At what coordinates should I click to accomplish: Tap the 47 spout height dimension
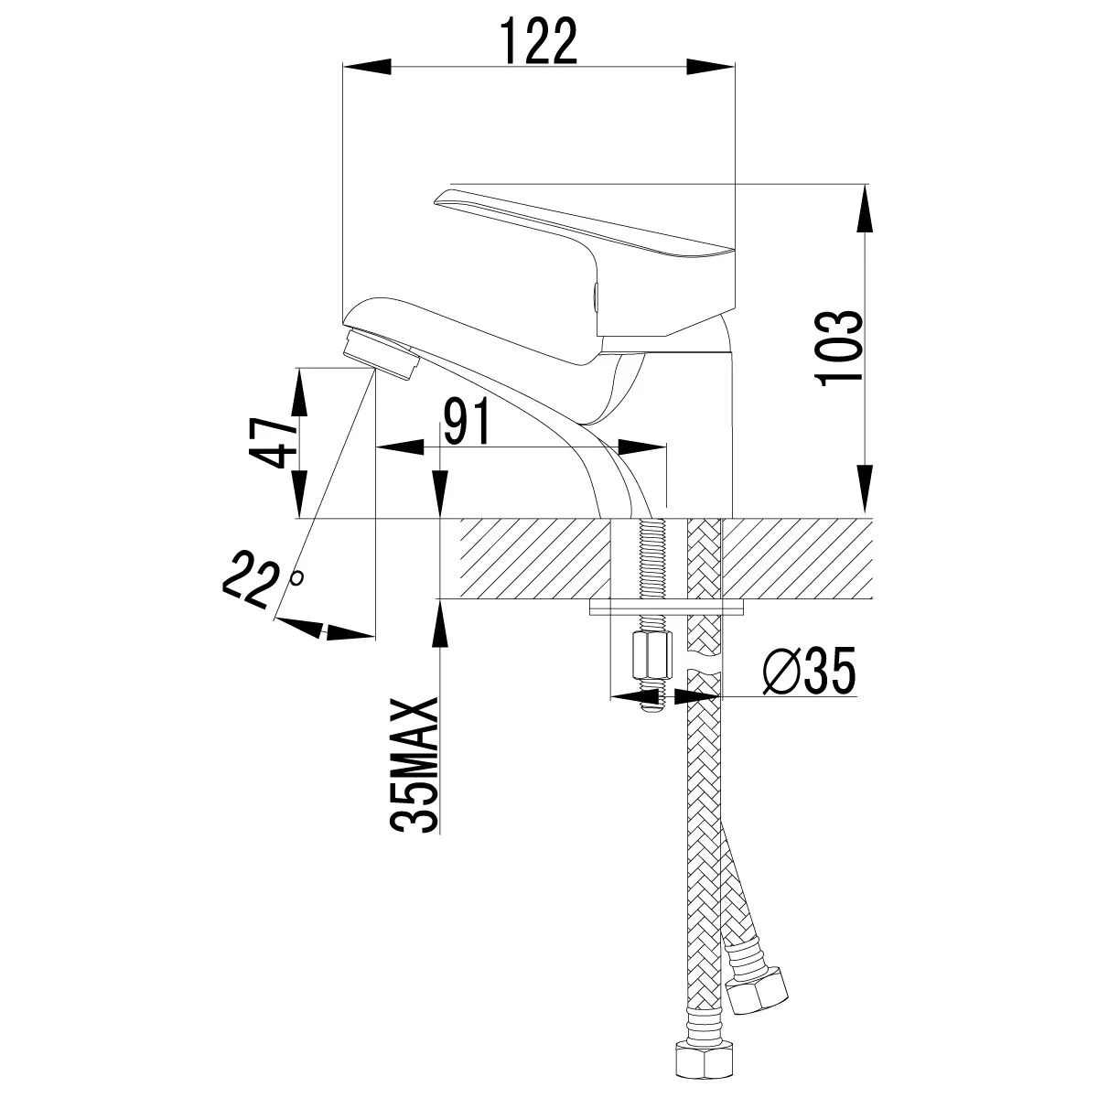[275, 443]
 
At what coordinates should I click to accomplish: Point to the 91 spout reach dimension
[468, 422]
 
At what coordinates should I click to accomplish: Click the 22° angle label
[257, 577]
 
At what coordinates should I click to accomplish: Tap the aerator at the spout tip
[379, 358]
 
